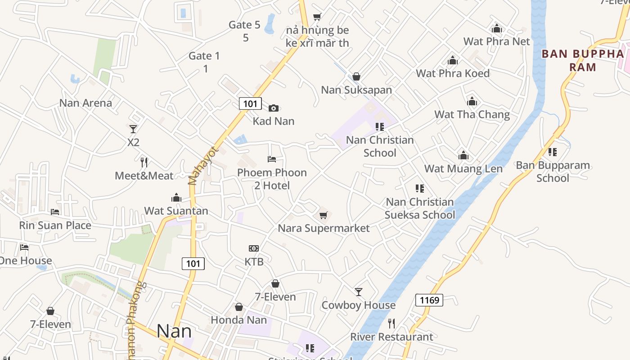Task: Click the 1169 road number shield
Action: pos(429,300)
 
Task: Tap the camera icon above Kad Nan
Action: pos(274,108)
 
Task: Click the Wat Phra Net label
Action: pos(496,41)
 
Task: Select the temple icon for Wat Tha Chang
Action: pos(472,101)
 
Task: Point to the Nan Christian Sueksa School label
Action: pos(419,208)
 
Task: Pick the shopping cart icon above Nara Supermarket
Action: pos(323,216)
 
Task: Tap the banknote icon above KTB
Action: pos(254,248)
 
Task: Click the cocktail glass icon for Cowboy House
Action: pos(358,292)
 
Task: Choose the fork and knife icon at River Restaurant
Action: pos(391,324)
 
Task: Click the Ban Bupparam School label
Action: pos(553,171)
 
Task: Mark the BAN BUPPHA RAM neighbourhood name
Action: pos(583,60)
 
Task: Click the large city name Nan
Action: pos(174,331)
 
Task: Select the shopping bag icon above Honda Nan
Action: pos(239,307)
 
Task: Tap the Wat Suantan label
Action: pos(176,211)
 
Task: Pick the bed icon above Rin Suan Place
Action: pos(55,212)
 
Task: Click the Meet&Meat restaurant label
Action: pos(144,176)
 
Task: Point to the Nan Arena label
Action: pos(85,103)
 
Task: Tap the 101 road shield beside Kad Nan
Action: pos(250,104)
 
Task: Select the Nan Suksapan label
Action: pos(356,90)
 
